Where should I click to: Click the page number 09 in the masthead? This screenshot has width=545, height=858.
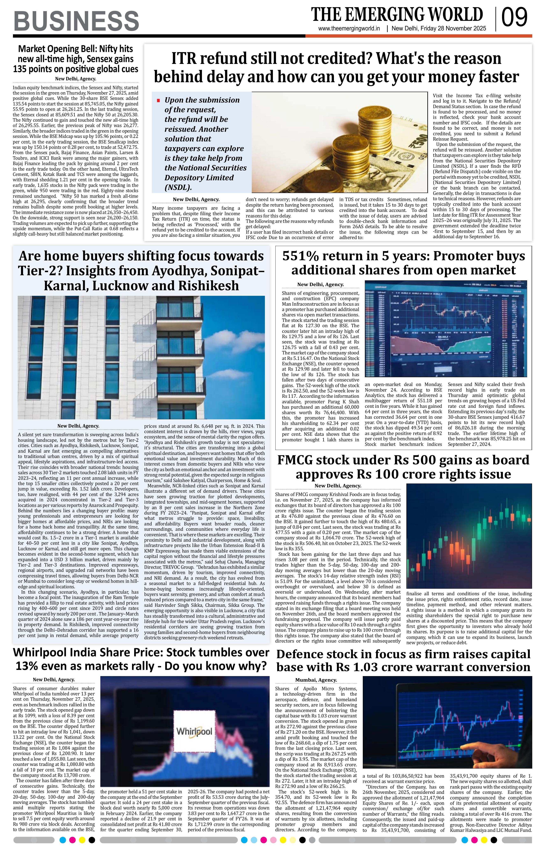(514, 17)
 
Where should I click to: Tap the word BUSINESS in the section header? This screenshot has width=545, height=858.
(76, 21)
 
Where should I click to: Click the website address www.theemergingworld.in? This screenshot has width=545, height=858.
(349, 29)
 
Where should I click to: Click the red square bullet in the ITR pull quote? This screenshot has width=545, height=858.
(158, 101)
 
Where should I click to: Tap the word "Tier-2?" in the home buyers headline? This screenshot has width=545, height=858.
(39, 271)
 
